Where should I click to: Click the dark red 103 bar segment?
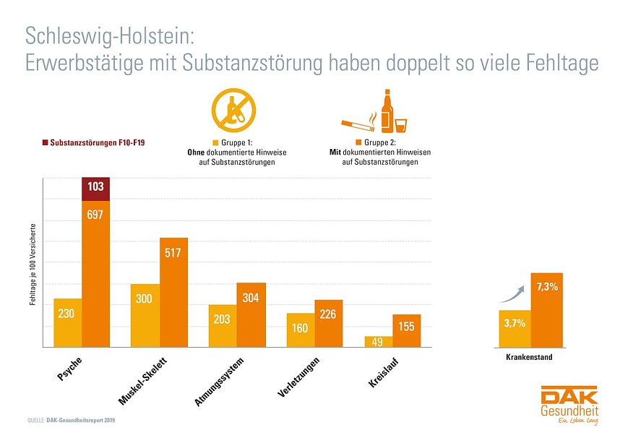pyautogui.click(x=95, y=187)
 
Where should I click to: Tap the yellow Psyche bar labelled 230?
pyautogui.click(x=67, y=323)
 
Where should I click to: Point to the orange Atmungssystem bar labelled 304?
pyautogui.click(x=251, y=315)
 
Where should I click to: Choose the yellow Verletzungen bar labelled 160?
pyautogui.click(x=300, y=330)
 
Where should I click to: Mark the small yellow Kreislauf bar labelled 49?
pyautogui.click(x=379, y=342)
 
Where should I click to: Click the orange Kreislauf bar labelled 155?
pyautogui.click(x=407, y=331)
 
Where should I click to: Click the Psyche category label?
pyautogui.click(x=69, y=369)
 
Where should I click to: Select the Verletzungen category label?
pyautogui.click(x=298, y=377)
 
